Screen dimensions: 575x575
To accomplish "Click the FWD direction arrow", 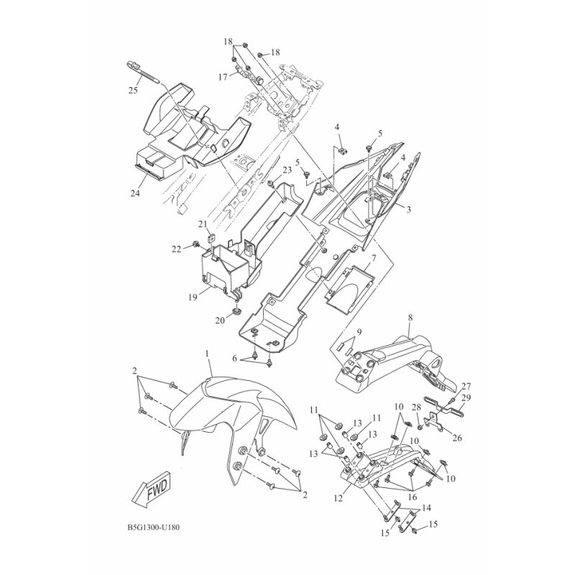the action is pyautogui.click(x=153, y=489).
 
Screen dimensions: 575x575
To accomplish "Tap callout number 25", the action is pyautogui.click(x=133, y=90).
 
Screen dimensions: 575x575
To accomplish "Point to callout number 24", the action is pyautogui.click(x=135, y=193).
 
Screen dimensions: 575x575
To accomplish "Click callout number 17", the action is pyautogui.click(x=223, y=77).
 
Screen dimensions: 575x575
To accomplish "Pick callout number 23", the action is pyautogui.click(x=287, y=170).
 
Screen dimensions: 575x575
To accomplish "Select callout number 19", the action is pyautogui.click(x=193, y=297).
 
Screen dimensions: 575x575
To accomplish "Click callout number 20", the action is pyautogui.click(x=220, y=321).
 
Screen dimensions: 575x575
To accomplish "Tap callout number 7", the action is pyautogui.click(x=373, y=258).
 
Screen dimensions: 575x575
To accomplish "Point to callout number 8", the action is pyautogui.click(x=410, y=317).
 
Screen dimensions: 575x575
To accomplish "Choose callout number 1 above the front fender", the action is pyautogui.click(x=207, y=354).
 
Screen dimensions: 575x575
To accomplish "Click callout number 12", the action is pyautogui.click(x=338, y=498).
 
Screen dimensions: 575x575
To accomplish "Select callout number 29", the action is pyautogui.click(x=466, y=397).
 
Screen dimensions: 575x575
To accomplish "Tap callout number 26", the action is pyautogui.click(x=457, y=438).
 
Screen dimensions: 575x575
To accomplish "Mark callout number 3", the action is pyautogui.click(x=408, y=209).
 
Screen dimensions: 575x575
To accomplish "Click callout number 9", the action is pyautogui.click(x=359, y=332).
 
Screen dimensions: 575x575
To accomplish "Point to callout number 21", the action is pyautogui.click(x=203, y=224).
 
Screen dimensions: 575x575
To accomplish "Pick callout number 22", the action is pyautogui.click(x=177, y=249).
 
